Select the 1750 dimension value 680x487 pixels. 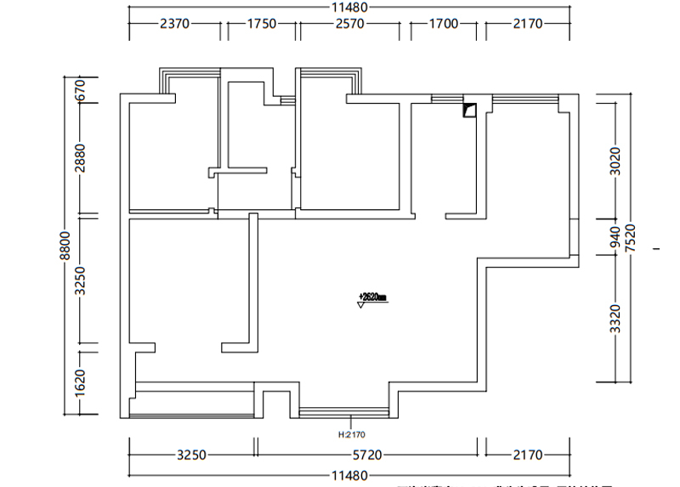tap(262, 24)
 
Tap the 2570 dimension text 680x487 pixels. tap(348, 24)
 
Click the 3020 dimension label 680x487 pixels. tap(615, 161)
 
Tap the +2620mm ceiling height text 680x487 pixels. tap(372, 297)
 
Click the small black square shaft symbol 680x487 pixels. tap(468, 110)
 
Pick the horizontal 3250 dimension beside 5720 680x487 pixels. tap(191, 456)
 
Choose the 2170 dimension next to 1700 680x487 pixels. tap(527, 24)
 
